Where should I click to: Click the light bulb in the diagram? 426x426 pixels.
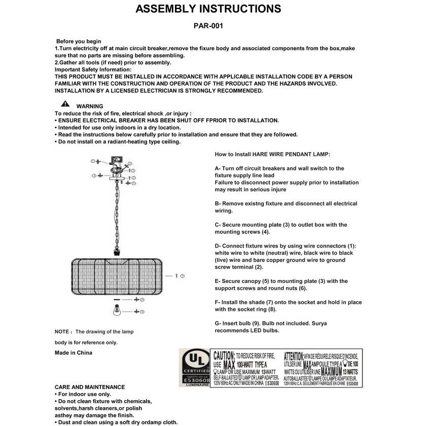click(116, 310)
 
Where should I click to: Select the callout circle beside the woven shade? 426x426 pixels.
click(182, 275)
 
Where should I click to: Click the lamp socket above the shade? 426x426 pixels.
click(116, 252)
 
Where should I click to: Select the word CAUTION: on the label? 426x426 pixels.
click(224, 356)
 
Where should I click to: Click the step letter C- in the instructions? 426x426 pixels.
click(218, 225)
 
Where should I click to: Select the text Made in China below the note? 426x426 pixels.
click(74, 352)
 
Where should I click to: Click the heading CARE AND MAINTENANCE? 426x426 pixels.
click(89, 387)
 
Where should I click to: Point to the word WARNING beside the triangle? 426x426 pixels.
click(89, 106)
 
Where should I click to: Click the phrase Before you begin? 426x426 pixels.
click(79, 42)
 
